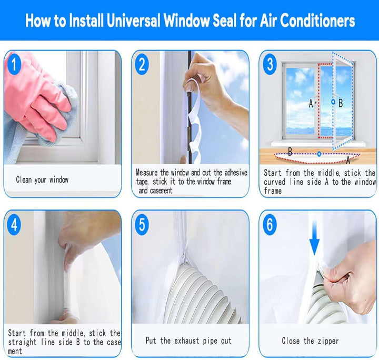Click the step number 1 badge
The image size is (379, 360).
click(14, 65)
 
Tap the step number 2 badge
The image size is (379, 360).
click(142, 65)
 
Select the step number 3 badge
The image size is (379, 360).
click(270, 65)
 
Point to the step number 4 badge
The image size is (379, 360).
click(14, 225)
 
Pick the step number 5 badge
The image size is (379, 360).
click(142, 225)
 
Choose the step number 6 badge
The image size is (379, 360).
click(270, 225)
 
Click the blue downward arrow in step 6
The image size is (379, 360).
click(314, 237)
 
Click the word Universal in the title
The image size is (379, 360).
click(133, 21)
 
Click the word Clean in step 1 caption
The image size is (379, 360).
click(24, 179)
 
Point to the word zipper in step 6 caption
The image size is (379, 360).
click(328, 341)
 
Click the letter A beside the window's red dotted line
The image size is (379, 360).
click(311, 104)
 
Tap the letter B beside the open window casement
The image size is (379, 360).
click(341, 103)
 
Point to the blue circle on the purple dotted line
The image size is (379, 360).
click(319, 154)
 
